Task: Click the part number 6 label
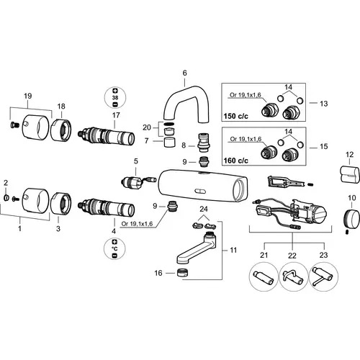pyautogui.click(x=184, y=73)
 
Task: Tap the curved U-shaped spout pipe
pyautogui.click(x=185, y=91)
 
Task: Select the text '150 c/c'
pyautogui.click(x=235, y=116)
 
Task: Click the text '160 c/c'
pyautogui.click(x=235, y=161)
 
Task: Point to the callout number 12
pyautogui.click(x=350, y=155)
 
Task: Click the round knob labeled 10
pyautogui.click(x=351, y=219)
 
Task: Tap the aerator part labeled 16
pyautogui.click(x=183, y=273)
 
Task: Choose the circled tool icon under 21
pyautogui.click(x=264, y=276)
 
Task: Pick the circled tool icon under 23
pyautogui.click(x=323, y=276)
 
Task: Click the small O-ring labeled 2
pyautogui.click(x=6, y=198)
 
